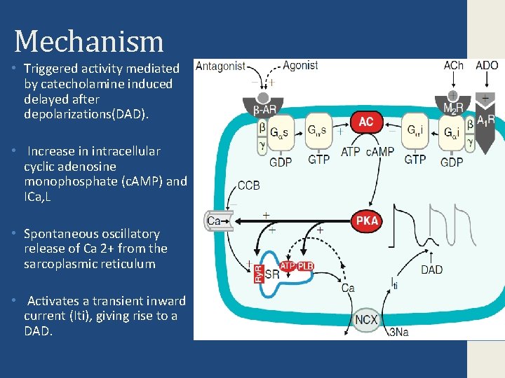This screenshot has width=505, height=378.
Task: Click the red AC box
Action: click(x=366, y=121)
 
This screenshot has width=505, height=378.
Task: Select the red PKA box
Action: click(x=367, y=220)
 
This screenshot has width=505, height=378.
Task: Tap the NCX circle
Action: click(x=366, y=320)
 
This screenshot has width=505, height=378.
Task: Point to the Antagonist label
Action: click(x=220, y=66)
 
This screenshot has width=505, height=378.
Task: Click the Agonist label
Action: click(x=300, y=66)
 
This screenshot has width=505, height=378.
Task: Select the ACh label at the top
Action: click(x=454, y=66)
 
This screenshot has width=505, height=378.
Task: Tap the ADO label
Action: click(x=487, y=66)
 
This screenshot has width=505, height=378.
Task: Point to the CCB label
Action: click(x=250, y=186)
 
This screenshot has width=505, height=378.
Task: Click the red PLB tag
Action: click(x=305, y=266)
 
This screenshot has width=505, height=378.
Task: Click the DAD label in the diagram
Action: click(x=432, y=269)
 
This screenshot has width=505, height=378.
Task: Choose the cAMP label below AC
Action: click(x=379, y=151)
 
